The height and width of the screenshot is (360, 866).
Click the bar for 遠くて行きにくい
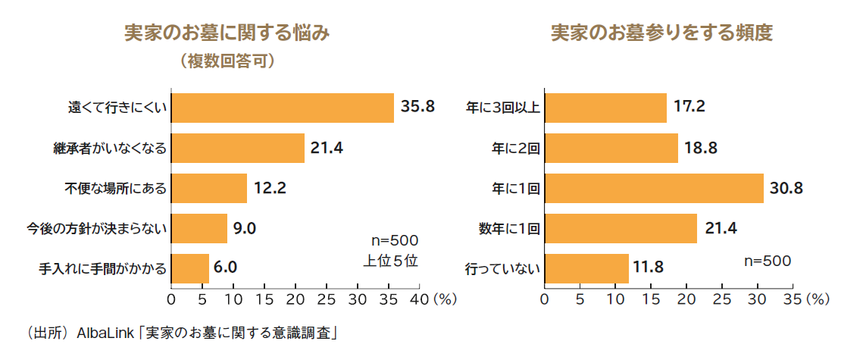283,108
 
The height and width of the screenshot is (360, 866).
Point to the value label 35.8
417,107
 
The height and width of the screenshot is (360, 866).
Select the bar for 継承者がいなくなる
238,148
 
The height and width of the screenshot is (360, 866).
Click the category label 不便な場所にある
115,188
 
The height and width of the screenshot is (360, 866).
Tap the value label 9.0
245,228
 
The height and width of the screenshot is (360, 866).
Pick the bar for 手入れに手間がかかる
190,268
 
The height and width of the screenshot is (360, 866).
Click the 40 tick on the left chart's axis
418,299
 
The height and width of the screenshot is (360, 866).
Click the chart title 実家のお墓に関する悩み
227,33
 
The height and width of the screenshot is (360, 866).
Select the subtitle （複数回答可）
227,60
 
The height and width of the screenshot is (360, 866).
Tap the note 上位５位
390,260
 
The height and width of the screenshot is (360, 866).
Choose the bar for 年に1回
654,188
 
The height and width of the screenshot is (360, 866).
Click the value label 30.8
786,188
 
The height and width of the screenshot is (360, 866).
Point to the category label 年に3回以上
502,108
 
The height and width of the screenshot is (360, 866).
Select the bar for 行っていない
586,268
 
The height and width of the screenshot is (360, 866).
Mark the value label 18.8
701,148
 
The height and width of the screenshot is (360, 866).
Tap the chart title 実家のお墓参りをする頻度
661,33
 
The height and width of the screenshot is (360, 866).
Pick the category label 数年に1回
509,228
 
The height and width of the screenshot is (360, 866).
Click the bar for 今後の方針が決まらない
199,228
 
